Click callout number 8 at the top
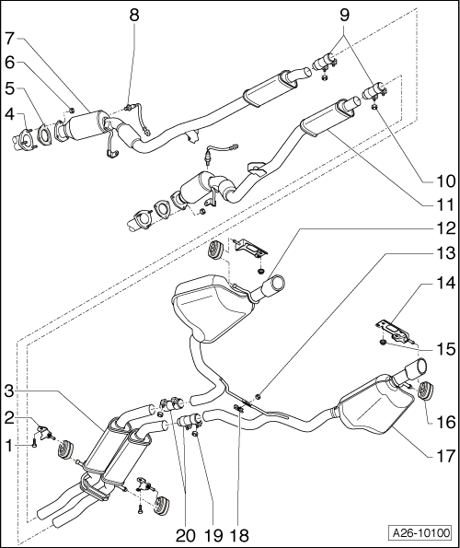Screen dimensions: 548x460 (x=135, y=15)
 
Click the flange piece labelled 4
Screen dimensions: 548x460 (x=25, y=141)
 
